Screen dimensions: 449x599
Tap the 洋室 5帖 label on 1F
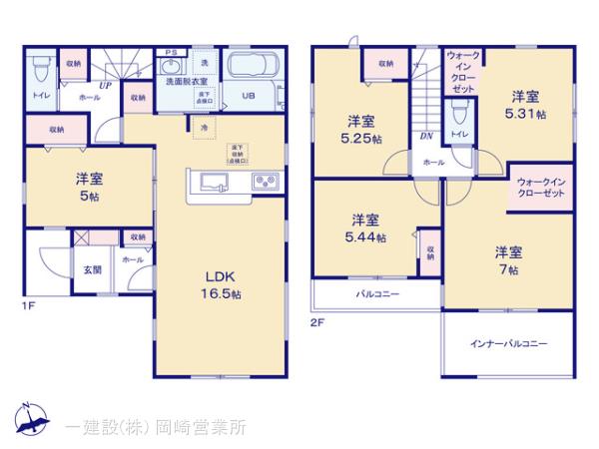click(89, 188)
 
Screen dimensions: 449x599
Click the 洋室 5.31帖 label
click(527, 105)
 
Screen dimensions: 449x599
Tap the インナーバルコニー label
click(509, 343)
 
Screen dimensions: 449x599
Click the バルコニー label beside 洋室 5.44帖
click(378, 294)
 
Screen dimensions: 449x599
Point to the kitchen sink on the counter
click(216, 182)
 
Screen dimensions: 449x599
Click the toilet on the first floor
click(41, 70)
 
